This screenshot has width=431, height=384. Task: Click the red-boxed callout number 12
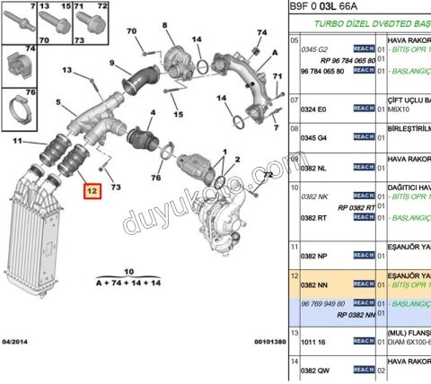coord(90,190)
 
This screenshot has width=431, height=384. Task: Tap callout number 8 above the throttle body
coord(165,27)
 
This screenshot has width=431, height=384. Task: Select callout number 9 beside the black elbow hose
coord(112,63)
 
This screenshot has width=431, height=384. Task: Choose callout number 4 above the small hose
coord(152,113)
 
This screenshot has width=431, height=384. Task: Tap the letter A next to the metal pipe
coord(261,51)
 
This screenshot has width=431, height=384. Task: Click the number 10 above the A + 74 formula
coord(128,270)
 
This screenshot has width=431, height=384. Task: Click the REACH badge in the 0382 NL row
coord(363,167)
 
